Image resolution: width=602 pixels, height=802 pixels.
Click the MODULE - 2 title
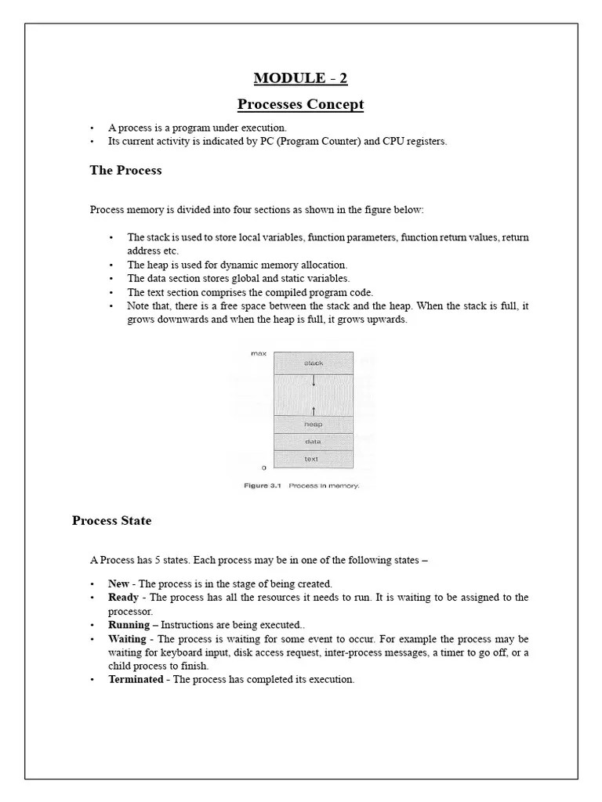[x=300, y=78]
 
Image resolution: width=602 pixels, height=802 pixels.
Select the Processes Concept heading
[x=300, y=105]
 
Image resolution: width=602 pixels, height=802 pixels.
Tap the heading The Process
[x=125, y=171]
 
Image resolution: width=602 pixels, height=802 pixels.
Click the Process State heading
[x=111, y=521]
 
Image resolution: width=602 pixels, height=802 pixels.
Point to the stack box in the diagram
[x=313, y=363]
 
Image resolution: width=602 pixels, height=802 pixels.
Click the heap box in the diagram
[x=313, y=424]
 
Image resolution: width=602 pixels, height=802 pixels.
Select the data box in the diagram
[x=313, y=442]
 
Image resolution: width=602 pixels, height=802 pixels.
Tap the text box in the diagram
[x=313, y=459]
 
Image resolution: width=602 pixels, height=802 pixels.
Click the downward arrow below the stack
[x=314, y=381]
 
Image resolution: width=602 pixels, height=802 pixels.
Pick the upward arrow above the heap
[x=314, y=410]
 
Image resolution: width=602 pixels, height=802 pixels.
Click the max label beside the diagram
[x=258, y=354]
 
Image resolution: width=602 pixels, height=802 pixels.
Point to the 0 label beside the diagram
[x=263, y=468]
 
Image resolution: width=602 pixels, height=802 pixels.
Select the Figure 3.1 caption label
[x=262, y=486]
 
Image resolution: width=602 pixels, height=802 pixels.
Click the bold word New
[x=118, y=584]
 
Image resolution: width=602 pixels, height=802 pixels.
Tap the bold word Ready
[x=123, y=598]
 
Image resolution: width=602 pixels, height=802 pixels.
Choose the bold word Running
[x=129, y=625]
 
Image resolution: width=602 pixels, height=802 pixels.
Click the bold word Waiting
[x=127, y=639]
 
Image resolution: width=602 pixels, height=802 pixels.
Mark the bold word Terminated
[x=136, y=680]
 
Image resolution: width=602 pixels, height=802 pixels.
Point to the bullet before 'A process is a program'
[x=92, y=128]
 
